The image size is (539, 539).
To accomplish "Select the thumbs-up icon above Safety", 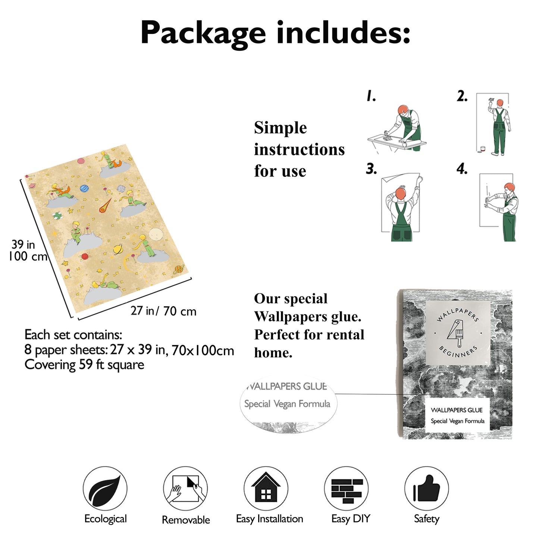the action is click(426, 489).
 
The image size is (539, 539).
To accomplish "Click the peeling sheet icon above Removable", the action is click(185, 489).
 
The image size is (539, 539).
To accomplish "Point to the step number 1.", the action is click(371, 95).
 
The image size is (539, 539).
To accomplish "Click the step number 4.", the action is click(462, 169).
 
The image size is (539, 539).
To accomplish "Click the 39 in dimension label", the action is click(23, 244).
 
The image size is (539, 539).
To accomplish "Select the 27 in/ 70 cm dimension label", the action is click(163, 311).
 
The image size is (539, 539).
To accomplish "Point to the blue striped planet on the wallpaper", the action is click(84, 188).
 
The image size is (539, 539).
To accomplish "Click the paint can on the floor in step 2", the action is click(483, 149).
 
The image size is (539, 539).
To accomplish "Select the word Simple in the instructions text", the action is click(280, 128).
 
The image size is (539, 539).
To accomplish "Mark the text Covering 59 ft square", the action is click(84, 365).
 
